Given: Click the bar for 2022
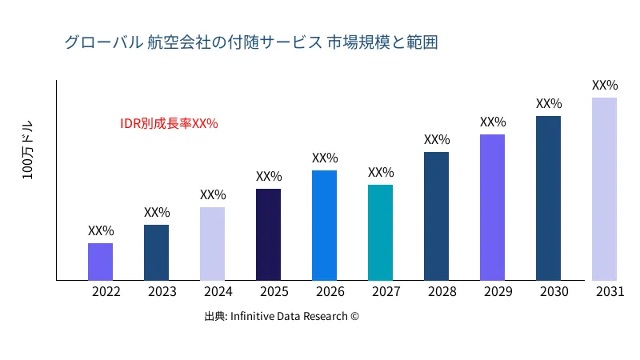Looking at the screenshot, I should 100,262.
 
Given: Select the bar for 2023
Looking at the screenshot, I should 156,253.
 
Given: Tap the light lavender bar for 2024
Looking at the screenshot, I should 212,244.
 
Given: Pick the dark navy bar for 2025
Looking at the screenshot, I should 268,234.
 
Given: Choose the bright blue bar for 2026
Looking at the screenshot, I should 324,226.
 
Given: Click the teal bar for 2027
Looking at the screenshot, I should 380,233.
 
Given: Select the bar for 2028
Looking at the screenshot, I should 436,216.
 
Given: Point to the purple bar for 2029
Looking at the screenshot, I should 492,207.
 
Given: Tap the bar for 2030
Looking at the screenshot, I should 548,198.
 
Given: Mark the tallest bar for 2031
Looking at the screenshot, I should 604,189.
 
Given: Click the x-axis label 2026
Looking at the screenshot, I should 330,292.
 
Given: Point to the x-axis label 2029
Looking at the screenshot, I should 498,292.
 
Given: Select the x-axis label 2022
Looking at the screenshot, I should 106,292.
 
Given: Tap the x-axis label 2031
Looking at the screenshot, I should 610,292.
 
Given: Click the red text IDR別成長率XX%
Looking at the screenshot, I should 169,124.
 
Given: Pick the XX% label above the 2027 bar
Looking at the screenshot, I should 381,173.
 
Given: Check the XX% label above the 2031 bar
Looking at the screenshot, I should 605,85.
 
